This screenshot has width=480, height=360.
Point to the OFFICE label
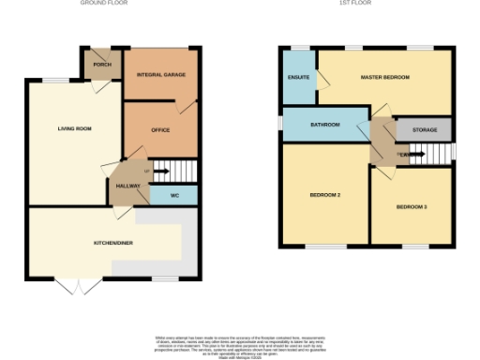click(x=160, y=129)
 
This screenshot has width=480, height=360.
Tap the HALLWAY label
click(x=127, y=186)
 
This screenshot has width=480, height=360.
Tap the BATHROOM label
click(x=324, y=124)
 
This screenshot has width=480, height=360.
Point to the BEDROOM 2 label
click(x=324, y=195)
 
